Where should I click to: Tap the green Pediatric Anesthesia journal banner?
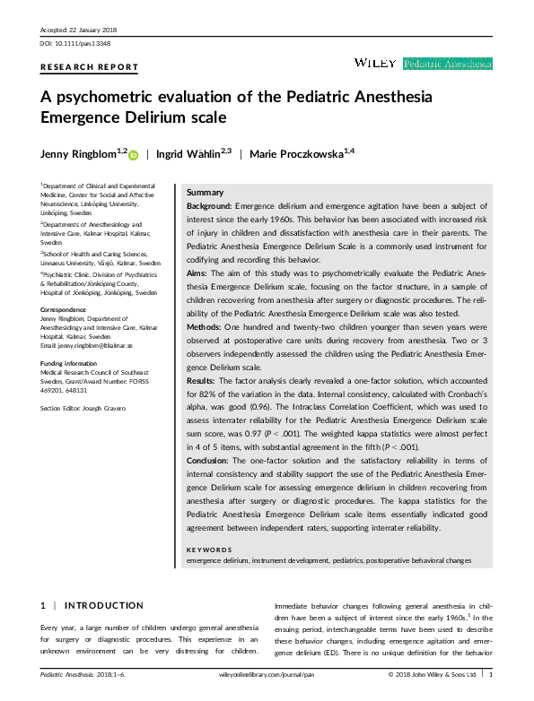pyautogui.click(x=448, y=64)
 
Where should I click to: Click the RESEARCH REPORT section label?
pyautogui.click(x=90, y=67)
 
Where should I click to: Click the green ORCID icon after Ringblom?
pyautogui.click(x=134, y=155)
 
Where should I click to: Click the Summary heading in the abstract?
pyautogui.click(x=205, y=194)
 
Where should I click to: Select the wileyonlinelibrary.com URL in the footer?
pyautogui.click(x=267, y=673)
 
